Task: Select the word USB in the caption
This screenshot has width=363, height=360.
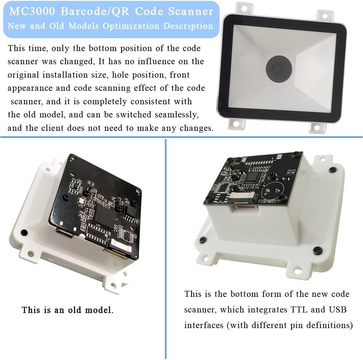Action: (337, 310)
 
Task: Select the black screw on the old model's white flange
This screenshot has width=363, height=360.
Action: (24, 232)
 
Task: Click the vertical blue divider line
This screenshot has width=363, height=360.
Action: (166, 248)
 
